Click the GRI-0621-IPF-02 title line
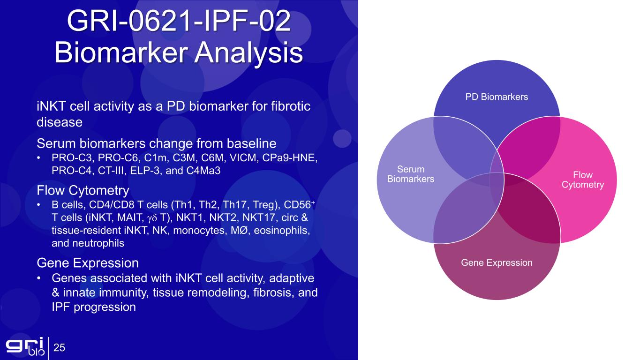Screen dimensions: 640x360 [x=179, y=21]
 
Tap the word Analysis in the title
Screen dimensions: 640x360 [x=248, y=52]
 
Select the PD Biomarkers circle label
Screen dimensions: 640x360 [x=497, y=97]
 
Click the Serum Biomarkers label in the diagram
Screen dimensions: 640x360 [x=411, y=174]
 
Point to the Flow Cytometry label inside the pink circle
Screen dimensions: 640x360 [x=583, y=180]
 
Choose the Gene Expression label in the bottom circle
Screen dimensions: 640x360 [x=497, y=262]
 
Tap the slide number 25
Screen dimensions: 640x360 [x=59, y=347]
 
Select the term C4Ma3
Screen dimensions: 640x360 [x=203, y=171]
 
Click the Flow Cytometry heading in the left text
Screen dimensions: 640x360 [x=83, y=191]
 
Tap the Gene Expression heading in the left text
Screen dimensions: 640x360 [x=88, y=263]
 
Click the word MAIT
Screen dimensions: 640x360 [x=129, y=217]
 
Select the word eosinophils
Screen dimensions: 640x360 [x=282, y=230]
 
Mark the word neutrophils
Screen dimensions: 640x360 [x=98, y=243]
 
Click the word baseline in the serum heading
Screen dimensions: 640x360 [x=251, y=143]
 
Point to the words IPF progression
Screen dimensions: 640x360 [x=94, y=307]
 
